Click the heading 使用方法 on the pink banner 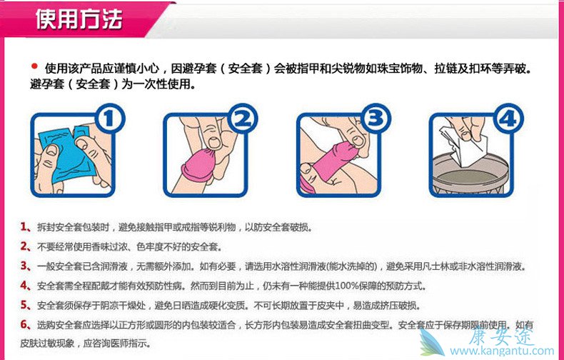(79, 19)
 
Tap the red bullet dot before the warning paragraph (34, 66)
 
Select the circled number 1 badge (109, 119)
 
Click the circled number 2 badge (242, 119)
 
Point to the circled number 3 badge (375, 119)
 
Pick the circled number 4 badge (508, 119)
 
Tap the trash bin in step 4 (470, 174)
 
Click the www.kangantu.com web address (502, 350)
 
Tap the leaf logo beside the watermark (433, 342)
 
